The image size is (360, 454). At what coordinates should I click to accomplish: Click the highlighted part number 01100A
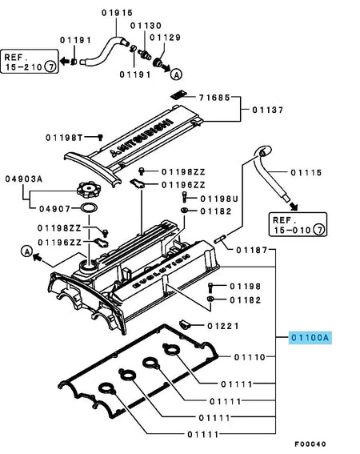309,338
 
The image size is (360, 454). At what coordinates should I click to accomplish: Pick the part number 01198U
218,197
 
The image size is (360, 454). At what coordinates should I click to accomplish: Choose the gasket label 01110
250,356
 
